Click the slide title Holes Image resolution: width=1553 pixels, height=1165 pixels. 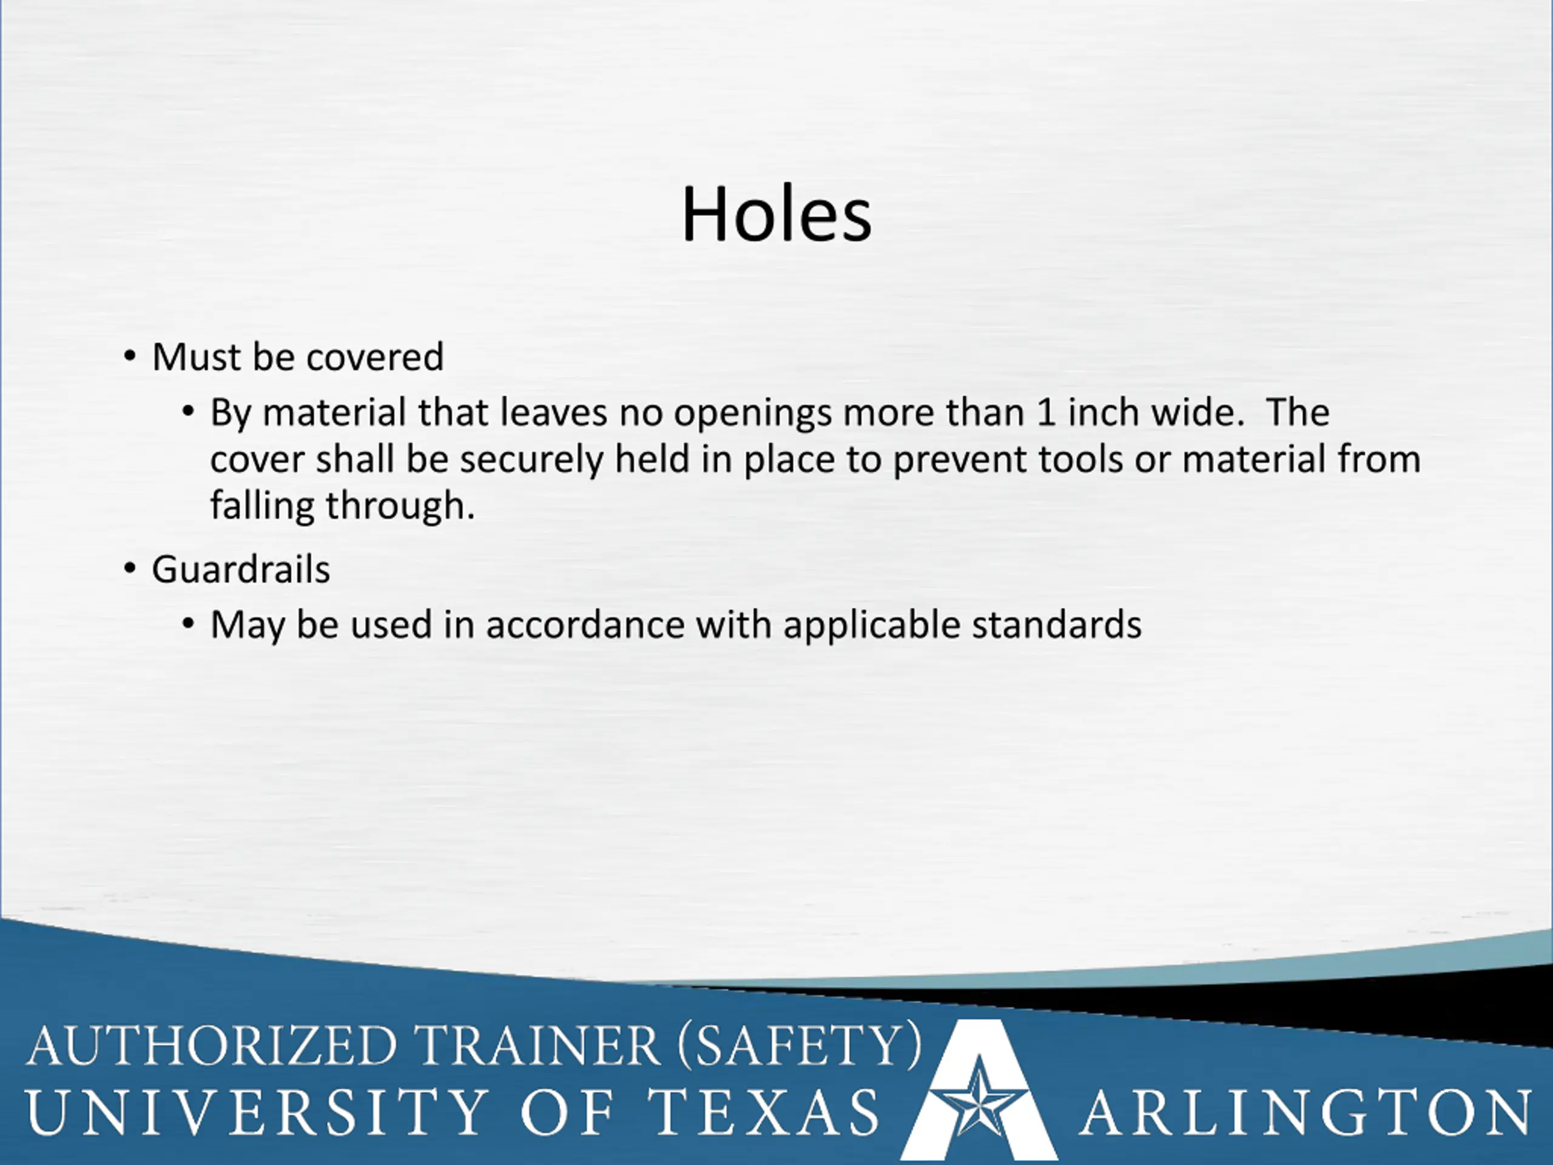click(776, 214)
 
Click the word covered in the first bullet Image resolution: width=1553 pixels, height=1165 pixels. click(375, 357)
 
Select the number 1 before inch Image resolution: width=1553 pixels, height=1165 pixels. click(1046, 412)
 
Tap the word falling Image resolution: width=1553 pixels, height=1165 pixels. click(262, 506)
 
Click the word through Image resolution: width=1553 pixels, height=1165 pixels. click(401, 506)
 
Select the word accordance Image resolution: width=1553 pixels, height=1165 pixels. click(585, 624)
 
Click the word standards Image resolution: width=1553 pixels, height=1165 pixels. click(1057, 624)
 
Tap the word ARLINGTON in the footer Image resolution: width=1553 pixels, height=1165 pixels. click(1306, 1112)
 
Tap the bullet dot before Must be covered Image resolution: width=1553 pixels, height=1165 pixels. click(130, 356)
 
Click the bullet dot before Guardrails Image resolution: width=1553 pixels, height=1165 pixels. click(130, 568)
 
